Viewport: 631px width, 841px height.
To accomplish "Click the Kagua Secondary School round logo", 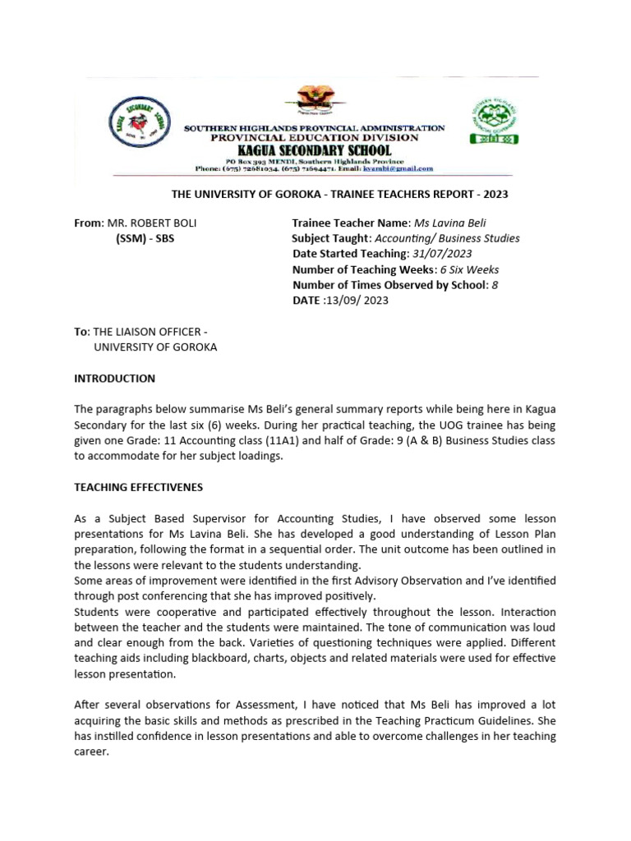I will [x=140, y=126].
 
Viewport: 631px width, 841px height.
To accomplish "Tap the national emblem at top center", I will [x=310, y=101].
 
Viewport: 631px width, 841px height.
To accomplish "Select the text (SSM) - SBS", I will [x=145, y=239].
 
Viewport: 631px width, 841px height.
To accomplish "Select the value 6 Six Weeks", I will [x=469, y=269].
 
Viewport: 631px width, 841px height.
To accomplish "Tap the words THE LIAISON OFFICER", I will [x=147, y=332].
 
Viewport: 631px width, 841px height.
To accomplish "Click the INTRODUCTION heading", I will [x=114, y=379].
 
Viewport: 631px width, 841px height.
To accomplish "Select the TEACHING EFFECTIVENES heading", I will [x=138, y=487].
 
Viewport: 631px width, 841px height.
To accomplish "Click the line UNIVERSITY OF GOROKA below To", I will [x=155, y=347].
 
